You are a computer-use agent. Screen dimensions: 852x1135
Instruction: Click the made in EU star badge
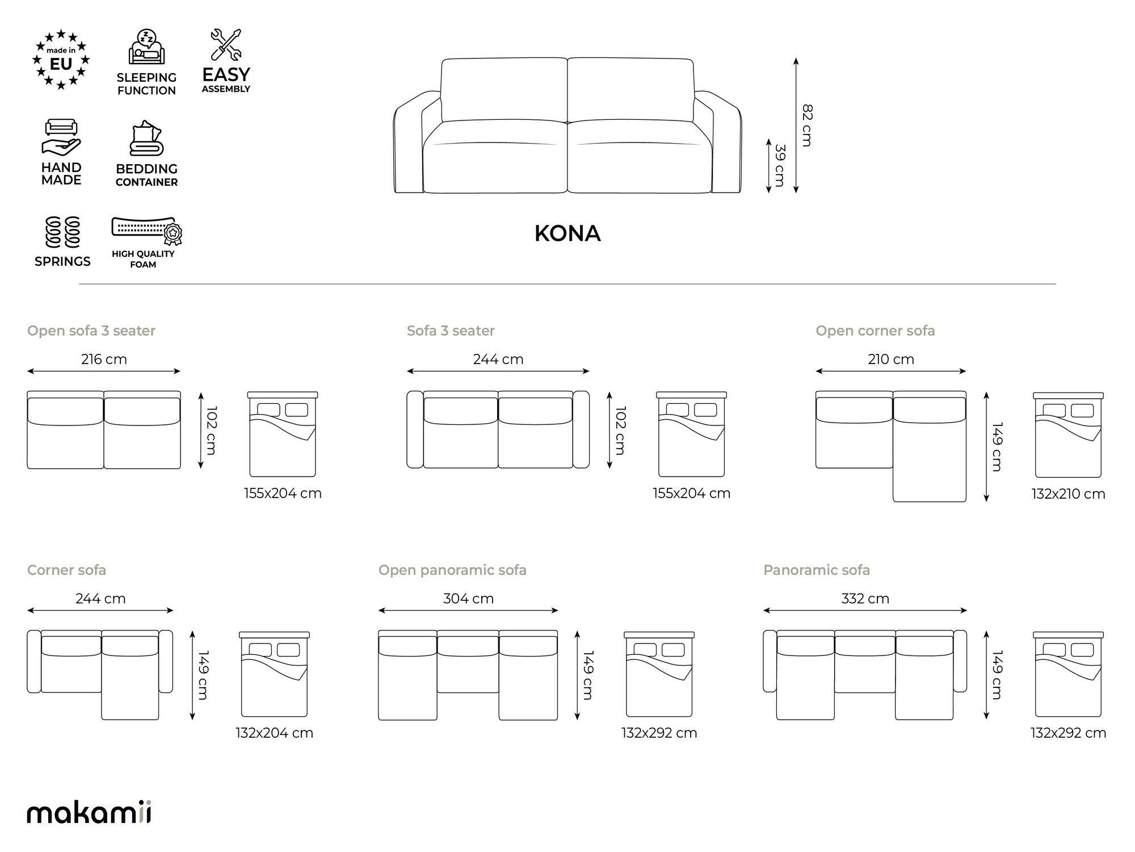[61, 60]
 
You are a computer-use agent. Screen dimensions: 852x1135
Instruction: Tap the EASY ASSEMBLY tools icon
[226, 44]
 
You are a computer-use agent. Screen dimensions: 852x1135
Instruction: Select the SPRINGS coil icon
[62, 232]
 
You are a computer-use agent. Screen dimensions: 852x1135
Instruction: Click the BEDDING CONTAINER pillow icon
[146, 138]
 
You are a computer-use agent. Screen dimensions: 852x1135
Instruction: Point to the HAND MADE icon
[61, 137]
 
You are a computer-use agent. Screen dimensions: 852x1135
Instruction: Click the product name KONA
[567, 233]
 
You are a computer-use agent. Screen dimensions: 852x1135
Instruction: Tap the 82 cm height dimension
[806, 126]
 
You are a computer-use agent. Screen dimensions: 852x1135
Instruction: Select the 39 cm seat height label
[780, 166]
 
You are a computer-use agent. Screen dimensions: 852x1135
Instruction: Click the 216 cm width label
[104, 360]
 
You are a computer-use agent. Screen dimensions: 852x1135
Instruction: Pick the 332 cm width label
[865, 599]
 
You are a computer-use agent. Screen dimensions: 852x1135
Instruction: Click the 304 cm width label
[468, 599]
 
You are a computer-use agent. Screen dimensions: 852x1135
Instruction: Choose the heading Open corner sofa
[875, 331]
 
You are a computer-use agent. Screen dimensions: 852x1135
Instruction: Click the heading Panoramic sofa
[816, 570]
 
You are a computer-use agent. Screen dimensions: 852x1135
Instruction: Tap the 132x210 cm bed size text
[1068, 494]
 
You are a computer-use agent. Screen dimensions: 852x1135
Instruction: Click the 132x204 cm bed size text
[274, 733]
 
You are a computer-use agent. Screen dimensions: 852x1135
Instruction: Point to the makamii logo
[89, 812]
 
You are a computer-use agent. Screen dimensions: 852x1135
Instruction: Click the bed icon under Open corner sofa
[1068, 435]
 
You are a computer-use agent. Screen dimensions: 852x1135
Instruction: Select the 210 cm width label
[891, 360]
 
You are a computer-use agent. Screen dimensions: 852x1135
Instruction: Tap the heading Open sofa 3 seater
[91, 331]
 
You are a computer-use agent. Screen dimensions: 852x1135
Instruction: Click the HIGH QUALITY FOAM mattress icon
[146, 231]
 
